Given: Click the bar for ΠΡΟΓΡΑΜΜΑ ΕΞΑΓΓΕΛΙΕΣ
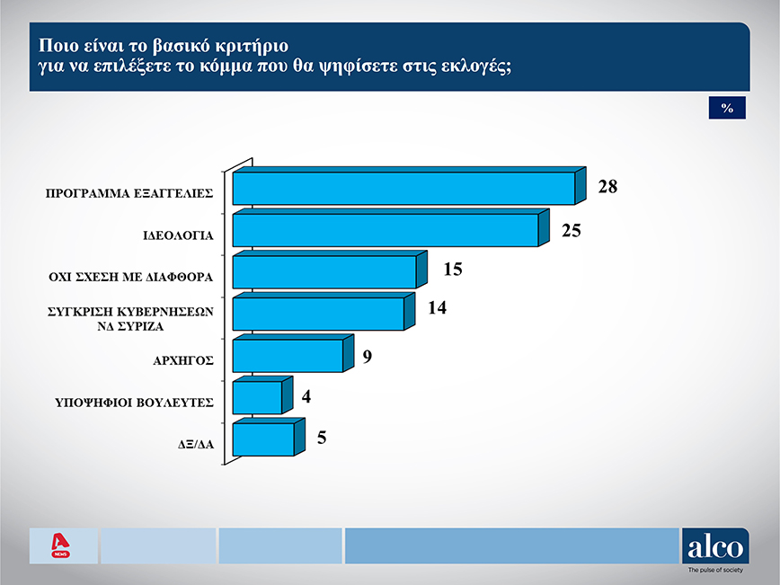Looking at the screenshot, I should [x=403, y=188].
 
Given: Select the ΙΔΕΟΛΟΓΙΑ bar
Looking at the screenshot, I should [x=385, y=229].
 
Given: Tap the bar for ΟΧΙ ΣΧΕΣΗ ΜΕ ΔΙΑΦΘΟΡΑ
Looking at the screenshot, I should [x=324, y=271].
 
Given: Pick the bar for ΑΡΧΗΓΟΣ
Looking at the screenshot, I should [x=288, y=355].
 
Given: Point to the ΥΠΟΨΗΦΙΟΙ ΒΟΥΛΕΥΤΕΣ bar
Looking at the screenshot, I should [x=257, y=397].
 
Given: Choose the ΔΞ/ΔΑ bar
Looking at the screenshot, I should [x=262, y=439].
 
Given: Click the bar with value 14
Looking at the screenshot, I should [x=318, y=314].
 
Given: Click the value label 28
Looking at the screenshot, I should [x=608, y=188].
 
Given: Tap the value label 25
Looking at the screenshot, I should [x=572, y=230].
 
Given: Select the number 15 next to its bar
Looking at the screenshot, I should [x=452, y=270].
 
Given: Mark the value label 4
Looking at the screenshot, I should [x=306, y=396].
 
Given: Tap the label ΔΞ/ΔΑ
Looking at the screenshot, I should [x=195, y=443].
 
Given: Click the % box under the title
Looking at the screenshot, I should [x=728, y=108].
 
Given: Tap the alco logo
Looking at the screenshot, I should [x=715, y=545].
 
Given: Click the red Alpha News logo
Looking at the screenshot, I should [x=62, y=545].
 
